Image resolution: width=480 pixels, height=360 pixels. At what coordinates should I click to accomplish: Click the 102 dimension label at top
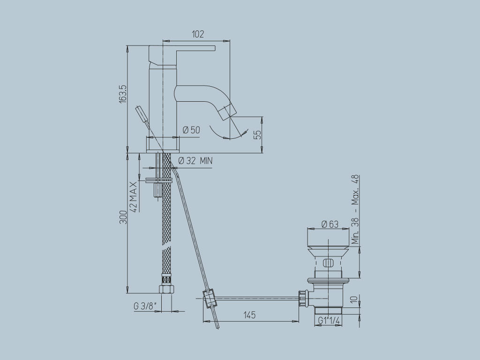pos(198,34)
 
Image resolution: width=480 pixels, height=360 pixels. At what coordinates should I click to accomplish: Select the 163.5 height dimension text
pos(122,94)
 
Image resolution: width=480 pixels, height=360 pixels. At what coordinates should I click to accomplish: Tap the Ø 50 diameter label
pos(191,130)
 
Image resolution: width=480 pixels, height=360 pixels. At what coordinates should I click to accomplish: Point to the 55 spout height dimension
pos(256,135)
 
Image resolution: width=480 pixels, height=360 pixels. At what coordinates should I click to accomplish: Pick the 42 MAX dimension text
pos(134,197)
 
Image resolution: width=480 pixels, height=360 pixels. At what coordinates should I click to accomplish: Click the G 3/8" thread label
pos(145,306)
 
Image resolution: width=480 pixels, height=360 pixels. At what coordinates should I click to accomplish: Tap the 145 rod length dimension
pos(249,315)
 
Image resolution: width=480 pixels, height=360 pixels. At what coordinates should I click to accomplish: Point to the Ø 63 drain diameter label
pos(330,224)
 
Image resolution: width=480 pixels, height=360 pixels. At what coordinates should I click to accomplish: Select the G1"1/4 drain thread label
pos(329,320)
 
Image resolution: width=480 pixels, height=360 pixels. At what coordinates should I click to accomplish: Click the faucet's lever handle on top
pos(187,48)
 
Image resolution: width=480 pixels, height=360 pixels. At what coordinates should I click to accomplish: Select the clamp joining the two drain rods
pos(209,298)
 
